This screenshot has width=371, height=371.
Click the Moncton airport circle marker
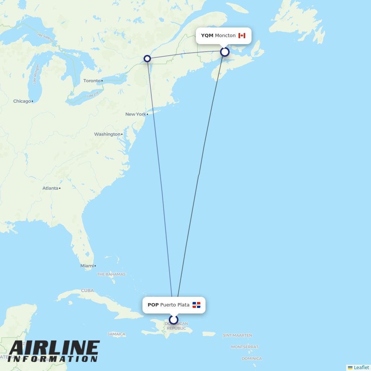click(x=224, y=52)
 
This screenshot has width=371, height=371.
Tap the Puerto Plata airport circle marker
click(x=174, y=319)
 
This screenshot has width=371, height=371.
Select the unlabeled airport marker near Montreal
click(x=147, y=59)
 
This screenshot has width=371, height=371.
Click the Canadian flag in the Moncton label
click(x=242, y=36)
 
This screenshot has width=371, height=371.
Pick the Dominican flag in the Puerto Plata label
click(x=196, y=305)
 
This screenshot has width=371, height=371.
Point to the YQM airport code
click(x=207, y=36)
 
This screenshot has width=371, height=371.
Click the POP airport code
click(x=153, y=305)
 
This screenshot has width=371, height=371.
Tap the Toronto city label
click(x=92, y=81)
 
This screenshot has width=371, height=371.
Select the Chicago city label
click(x=22, y=101)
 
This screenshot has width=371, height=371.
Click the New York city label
click(x=135, y=114)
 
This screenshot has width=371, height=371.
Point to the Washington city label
click(x=107, y=134)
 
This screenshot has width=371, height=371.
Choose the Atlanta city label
click(x=50, y=188)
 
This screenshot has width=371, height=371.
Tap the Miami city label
click(x=87, y=266)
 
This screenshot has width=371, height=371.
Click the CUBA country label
click(x=88, y=290)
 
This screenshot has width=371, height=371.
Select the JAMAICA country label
click(x=116, y=334)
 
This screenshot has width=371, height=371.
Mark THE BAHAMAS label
click(x=111, y=274)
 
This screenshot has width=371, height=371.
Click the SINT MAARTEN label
click(x=237, y=335)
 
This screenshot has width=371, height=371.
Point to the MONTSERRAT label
click(x=245, y=347)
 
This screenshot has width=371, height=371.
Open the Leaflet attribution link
click(x=361, y=367)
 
